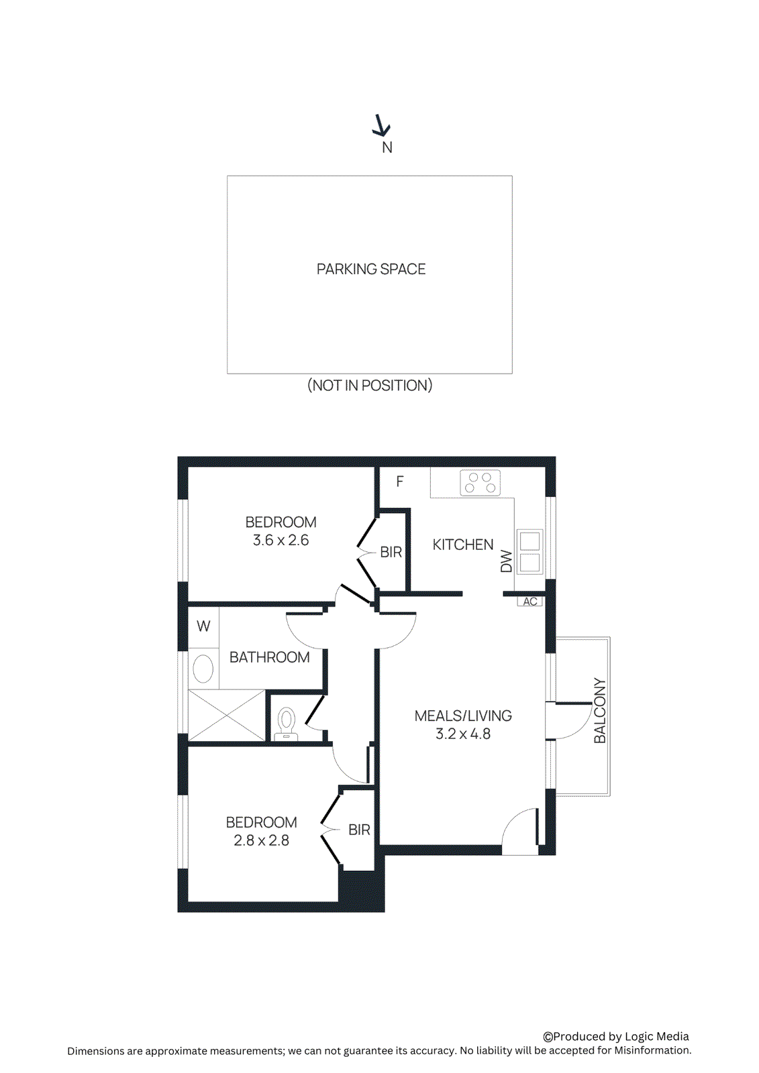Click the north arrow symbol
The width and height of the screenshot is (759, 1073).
point(381,125)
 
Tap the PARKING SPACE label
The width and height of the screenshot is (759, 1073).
point(371,269)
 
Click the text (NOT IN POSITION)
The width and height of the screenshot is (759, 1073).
point(370,386)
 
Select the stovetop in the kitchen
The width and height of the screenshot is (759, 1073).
point(480,483)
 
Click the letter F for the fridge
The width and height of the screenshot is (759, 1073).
point(400,482)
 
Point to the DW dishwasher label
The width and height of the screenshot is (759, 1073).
point(507,561)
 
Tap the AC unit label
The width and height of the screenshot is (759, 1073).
point(530,602)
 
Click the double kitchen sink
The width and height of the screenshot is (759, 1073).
point(529,552)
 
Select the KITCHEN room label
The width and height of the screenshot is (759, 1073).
point(463,545)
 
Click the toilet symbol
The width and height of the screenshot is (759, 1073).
point(287,723)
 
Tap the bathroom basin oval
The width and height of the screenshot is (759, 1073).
point(203,669)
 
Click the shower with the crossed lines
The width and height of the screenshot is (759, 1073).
point(227,716)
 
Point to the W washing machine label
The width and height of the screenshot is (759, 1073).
point(203,626)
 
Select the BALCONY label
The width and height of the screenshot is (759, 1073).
point(600,711)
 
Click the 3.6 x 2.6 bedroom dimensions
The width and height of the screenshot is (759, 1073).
point(281,541)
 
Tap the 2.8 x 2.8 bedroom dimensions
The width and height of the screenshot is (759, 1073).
point(261,841)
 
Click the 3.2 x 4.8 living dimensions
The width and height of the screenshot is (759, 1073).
point(463,734)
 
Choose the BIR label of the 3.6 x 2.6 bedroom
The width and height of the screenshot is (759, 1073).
point(391,552)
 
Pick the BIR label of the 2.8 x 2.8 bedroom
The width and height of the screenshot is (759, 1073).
point(360,830)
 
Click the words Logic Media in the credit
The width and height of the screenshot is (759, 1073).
point(656,1037)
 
